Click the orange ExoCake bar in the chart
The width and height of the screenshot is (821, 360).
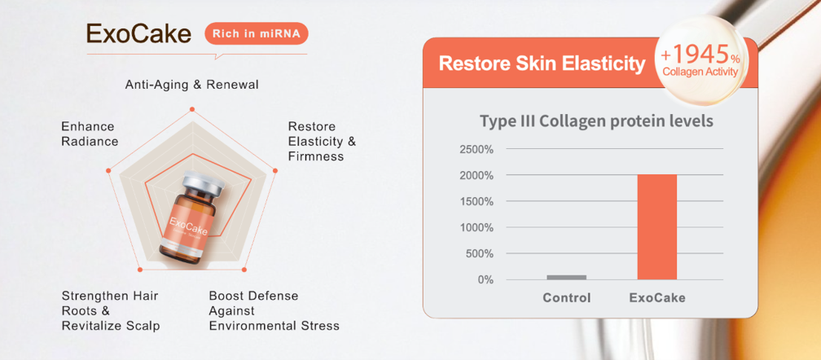(x=657, y=227)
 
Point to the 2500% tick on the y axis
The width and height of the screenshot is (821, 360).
(x=476, y=150)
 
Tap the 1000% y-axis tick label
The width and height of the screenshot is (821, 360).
(x=476, y=227)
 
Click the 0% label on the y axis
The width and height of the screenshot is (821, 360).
(x=485, y=280)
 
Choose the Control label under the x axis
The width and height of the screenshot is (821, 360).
(x=567, y=298)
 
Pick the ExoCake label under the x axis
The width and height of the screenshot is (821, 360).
(x=657, y=298)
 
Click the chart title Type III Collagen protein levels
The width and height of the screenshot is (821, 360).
(x=596, y=121)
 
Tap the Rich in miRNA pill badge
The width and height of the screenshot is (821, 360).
(x=257, y=33)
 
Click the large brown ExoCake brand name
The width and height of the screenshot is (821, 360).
(x=138, y=33)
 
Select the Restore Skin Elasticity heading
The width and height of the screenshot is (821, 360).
(x=542, y=64)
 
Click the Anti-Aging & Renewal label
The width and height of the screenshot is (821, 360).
(x=191, y=85)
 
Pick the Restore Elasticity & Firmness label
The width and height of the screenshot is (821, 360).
(x=322, y=141)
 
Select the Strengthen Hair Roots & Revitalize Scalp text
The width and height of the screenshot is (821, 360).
(x=111, y=311)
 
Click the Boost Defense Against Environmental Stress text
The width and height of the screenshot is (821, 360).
(x=274, y=311)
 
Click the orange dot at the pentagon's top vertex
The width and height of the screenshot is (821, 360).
(x=192, y=109)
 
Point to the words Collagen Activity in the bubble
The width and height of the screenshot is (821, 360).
(x=700, y=72)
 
